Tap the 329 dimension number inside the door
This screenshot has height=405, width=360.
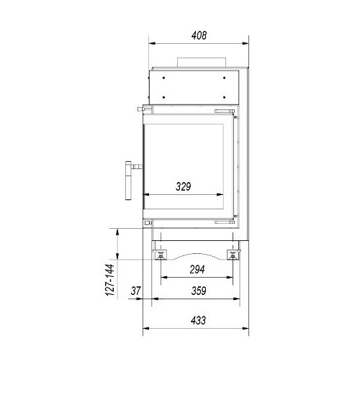[x=184, y=186]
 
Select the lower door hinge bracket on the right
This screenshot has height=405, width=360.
[x=225, y=224]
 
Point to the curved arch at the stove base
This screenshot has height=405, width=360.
[x=196, y=254]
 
